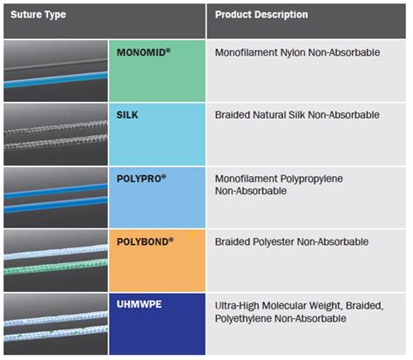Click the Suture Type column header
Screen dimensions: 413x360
click(x=38, y=15)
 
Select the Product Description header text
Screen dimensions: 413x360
click(x=261, y=15)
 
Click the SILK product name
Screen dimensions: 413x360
click(x=127, y=115)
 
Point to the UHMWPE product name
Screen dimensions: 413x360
click(x=139, y=304)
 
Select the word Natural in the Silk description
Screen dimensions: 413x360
click(x=269, y=115)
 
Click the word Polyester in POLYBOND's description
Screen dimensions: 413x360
click(x=274, y=242)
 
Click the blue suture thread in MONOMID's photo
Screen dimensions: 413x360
click(x=55, y=79)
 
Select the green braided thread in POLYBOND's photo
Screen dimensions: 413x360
click(x=55, y=267)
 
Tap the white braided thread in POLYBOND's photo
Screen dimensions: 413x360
click(x=55, y=252)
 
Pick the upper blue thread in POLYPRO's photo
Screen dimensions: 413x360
click(x=55, y=191)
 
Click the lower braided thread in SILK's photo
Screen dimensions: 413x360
click(x=55, y=142)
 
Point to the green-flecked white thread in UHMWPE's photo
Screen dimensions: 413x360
click(x=55, y=333)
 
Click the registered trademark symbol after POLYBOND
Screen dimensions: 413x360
click(x=171, y=239)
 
